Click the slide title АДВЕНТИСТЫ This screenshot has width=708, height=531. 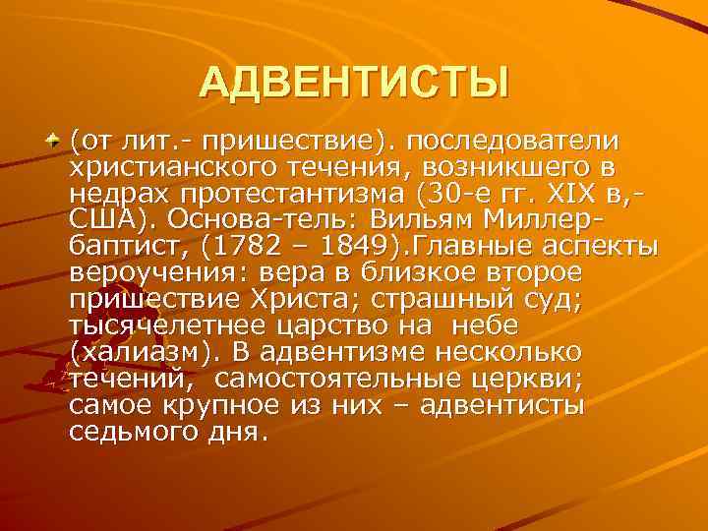tap(354, 83)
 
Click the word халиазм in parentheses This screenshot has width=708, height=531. tap(132, 351)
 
